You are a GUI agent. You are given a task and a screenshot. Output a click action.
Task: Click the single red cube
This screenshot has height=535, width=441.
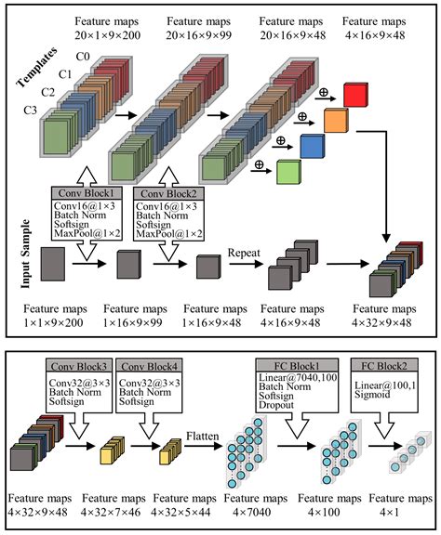click(355, 93)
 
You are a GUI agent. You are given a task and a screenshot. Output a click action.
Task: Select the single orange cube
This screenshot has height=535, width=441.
click(336, 118)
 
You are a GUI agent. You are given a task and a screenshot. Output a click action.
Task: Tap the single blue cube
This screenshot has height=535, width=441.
click(314, 144)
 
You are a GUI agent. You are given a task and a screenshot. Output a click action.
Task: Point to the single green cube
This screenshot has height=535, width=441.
click(290, 171)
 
